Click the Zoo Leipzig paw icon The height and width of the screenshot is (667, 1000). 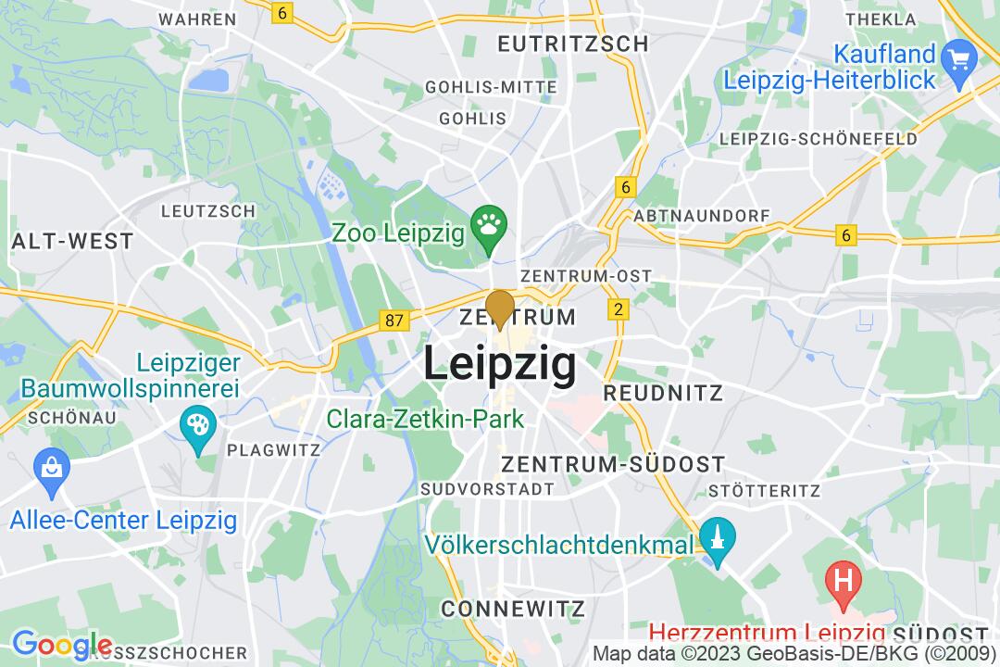tap(487, 224)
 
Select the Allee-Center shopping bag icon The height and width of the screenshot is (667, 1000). tap(48, 466)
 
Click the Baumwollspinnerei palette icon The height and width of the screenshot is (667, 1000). tap(198, 425)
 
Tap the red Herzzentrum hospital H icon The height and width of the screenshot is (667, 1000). tap(843, 581)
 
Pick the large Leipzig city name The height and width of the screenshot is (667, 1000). tap(500, 364)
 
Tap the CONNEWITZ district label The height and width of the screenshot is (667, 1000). tap(513, 609)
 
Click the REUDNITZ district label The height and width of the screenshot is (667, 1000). tap(663, 393)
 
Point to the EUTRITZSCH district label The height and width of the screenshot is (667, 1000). tap(572, 44)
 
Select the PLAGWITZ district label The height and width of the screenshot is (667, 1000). tap(273, 450)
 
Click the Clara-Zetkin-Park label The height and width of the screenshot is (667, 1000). tap(425, 419)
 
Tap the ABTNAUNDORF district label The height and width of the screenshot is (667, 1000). tap(702, 215)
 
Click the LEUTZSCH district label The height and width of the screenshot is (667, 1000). tap(207, 211)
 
